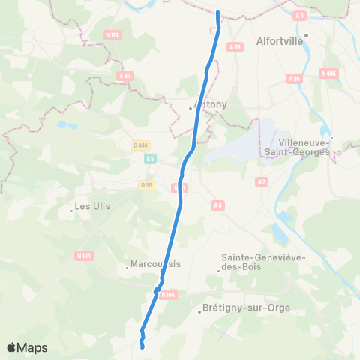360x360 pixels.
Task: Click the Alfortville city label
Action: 280,42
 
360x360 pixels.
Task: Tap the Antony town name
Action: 210,104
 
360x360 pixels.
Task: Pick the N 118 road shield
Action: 112,34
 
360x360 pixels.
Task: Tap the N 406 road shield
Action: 328,73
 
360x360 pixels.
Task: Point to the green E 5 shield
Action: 151,159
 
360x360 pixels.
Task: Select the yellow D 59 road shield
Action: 146,184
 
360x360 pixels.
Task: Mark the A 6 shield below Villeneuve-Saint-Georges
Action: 218,205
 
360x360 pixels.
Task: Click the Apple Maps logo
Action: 27,347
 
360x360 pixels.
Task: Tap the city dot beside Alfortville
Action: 306,34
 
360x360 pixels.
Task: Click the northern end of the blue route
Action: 217,12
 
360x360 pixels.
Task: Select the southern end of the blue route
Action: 142,346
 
